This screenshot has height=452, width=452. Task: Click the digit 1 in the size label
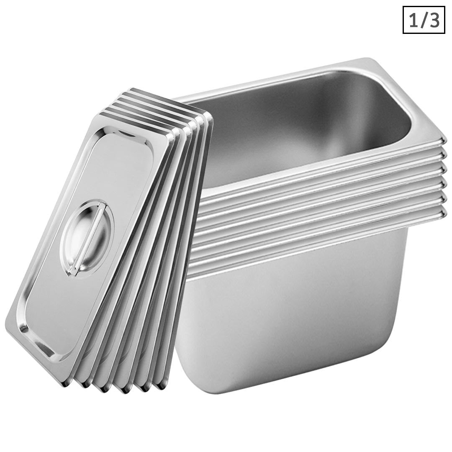point(413,20)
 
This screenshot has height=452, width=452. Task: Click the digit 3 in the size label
point(434,20)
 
